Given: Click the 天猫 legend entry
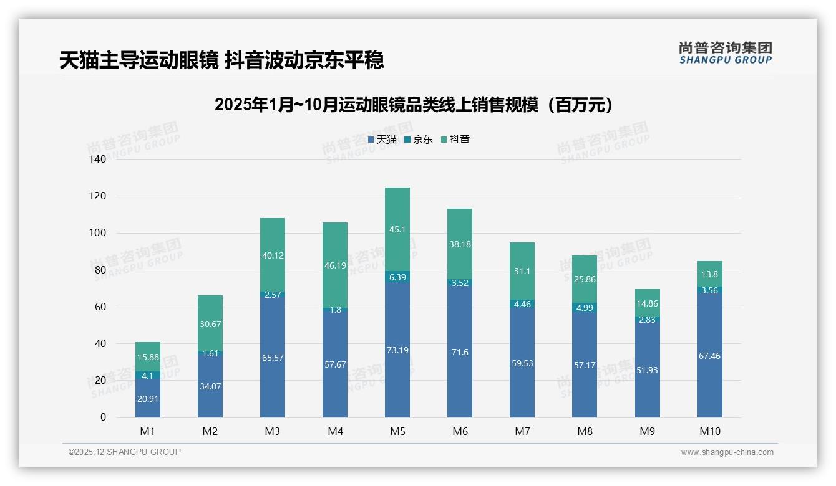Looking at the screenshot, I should tap(382, 140).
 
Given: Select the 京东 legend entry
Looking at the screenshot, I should tap(418, 140).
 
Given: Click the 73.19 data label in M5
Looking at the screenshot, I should tap(397, 350).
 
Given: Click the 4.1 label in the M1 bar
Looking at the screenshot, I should tap(148, 376).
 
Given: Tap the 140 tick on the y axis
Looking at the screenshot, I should tap(98, 159).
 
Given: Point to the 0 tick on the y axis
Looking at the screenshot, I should tap(103, 417).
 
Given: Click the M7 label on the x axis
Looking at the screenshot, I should tap(522, 431).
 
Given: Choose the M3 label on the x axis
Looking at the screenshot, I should tap(273, 431).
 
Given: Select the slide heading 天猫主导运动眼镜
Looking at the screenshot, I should tap(221, 60).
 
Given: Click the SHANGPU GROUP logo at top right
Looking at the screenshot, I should tap(725, 53).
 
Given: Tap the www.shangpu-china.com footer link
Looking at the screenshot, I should tap(727, 452).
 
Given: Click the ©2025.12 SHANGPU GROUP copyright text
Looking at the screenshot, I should tap(125, 452).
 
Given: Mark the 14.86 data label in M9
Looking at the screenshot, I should tap(647, 304).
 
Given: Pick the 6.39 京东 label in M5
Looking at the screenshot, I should tap(397, 277).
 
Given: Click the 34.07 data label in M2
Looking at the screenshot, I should tap(210, 386).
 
